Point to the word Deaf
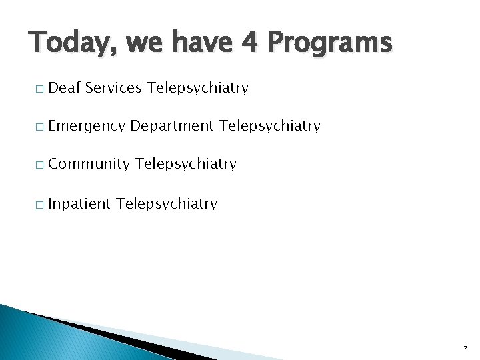64,88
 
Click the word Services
113,88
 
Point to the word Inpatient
79,204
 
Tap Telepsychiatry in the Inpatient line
167,204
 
